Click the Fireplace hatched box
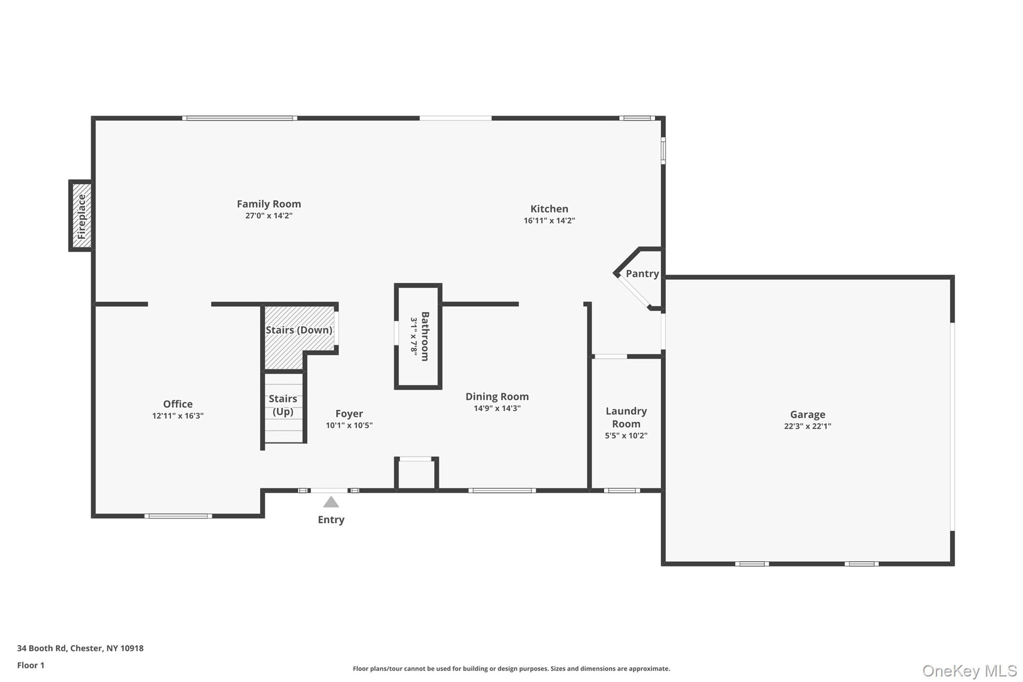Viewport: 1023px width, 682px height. [x=81, y=216]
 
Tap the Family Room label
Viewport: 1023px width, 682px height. [x=269, y=204]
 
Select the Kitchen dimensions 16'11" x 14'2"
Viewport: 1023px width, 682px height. [x=549, y=221]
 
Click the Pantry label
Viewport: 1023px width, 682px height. [x=642, y=274]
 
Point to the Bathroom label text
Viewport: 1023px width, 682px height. [x=425, y=336]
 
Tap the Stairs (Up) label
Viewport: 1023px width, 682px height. [x=283, y=405]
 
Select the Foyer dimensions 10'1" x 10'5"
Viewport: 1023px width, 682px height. [x=349, y=426]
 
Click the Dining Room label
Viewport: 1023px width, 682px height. [x=497, y=397]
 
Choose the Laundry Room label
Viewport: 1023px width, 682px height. [x=626, y=417]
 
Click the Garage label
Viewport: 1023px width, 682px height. [x=807, y=415]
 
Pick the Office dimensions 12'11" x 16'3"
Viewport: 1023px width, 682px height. [x=178, y=416]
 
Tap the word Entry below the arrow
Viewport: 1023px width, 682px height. [x=331, y=520]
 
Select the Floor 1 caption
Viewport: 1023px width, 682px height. [x=30, y=666]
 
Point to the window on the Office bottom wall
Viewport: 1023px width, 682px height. [x=178, y=516]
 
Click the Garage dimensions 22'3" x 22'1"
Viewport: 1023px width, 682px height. [x=807, y=427]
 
